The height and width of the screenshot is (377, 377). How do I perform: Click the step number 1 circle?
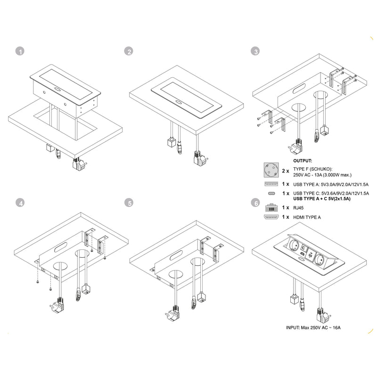19,51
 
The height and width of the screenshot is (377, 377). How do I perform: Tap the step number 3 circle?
255,51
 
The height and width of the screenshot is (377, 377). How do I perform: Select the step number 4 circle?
19,203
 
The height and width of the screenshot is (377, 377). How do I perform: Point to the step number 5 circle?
129,203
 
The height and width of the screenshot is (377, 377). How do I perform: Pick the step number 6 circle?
255,203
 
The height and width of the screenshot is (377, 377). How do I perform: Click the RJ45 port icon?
271,207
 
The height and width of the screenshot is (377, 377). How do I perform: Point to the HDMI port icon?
271,217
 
